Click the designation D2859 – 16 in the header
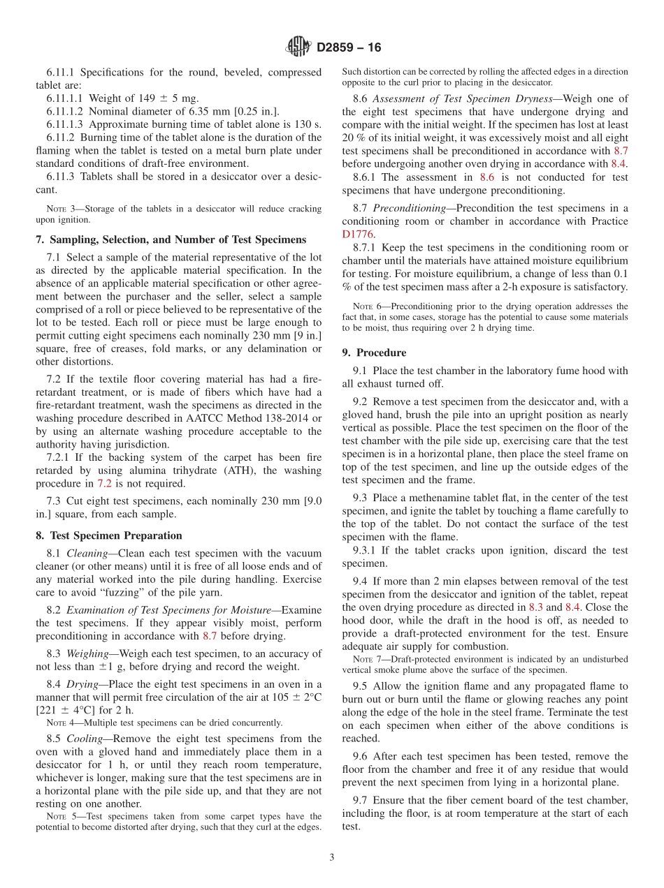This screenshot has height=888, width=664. tap(349, 48)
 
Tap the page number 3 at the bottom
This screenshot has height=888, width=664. tap(332, 857)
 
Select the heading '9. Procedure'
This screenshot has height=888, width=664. tap(374, 353)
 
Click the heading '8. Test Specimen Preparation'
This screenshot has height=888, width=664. tap(109, 535)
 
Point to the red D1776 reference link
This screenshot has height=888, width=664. tap(359, 235)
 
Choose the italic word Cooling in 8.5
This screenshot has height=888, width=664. tap(86, 739)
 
